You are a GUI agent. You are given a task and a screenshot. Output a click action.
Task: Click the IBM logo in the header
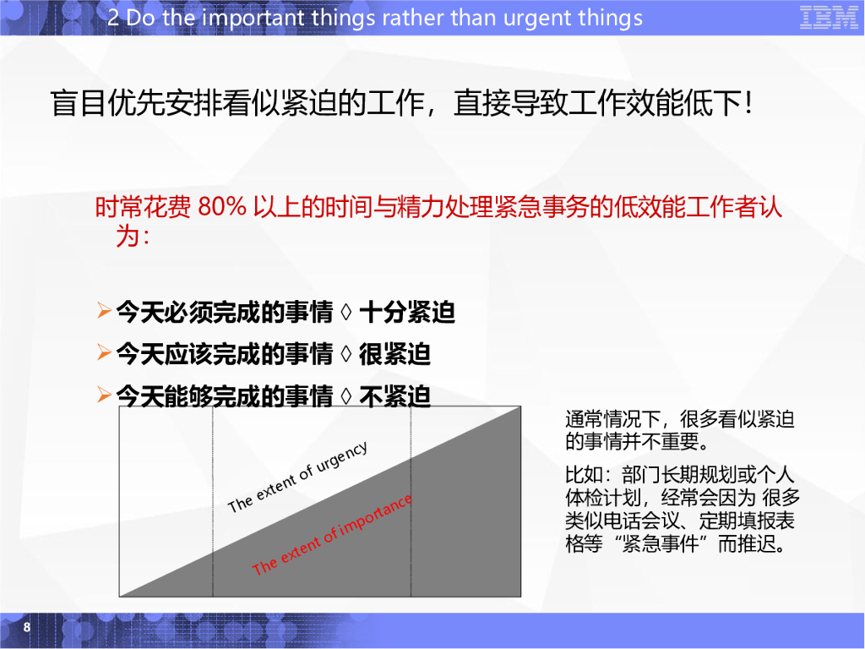(x=829, y=18)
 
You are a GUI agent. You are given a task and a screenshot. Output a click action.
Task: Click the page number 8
(x=27, y=627)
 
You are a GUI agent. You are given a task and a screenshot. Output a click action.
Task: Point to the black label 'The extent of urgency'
(x=297, y=477)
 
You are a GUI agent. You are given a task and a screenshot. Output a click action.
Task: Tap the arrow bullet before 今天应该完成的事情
(x=104, y=353)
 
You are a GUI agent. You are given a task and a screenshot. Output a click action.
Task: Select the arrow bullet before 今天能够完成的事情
(x=104, y=394)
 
